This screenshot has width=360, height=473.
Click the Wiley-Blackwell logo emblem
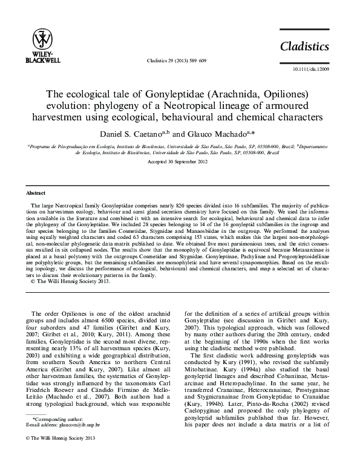[x=42, y=39]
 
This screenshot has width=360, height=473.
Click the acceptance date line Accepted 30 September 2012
[x=180, y=162]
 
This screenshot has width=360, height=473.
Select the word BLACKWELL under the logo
[x=42, y=60]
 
